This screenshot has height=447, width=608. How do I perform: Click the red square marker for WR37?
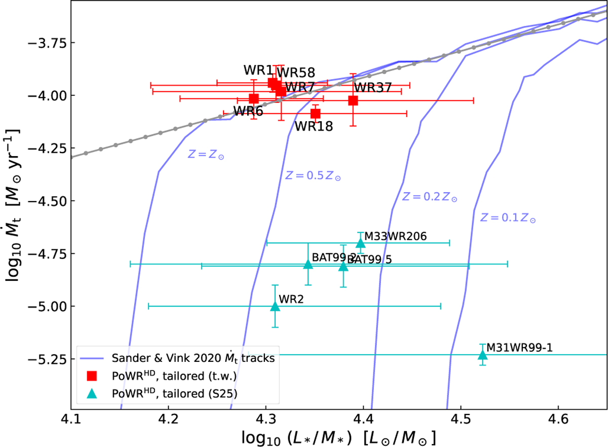coord(353,100)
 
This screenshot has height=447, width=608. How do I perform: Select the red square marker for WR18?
coord(315,114)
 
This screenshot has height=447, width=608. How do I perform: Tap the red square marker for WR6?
coord(254,98)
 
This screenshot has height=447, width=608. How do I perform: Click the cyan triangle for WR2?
coord(275,306)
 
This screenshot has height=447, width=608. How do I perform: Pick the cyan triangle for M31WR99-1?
coord(482,355)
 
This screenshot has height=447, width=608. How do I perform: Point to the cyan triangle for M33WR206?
coord(361,243)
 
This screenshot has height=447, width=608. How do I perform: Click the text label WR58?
coord(295,72)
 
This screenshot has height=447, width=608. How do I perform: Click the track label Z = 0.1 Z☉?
coord(508,218)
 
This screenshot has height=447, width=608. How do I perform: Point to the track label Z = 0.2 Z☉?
coord(430,197)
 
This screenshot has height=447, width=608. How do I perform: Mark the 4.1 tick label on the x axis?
coord(71,421)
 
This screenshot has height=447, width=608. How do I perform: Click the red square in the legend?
coord(92,376)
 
